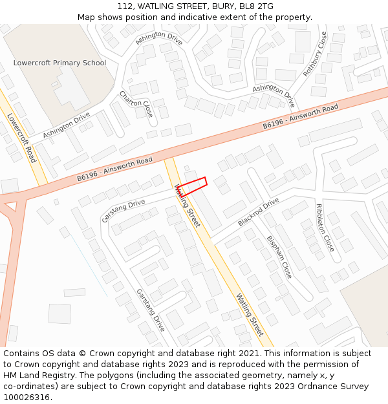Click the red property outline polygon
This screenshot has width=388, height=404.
point(192,186)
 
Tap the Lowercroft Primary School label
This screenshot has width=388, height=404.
point(59,63)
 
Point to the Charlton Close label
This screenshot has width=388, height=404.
point(136,107)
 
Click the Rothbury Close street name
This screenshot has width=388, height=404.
point(316,55)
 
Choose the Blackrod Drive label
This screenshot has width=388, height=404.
point(258,211)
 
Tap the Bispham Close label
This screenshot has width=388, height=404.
point(279,257)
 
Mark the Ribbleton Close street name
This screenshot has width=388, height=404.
point(325,228)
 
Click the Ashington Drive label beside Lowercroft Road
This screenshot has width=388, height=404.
point(67,125)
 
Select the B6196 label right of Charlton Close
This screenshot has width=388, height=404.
point(275,123)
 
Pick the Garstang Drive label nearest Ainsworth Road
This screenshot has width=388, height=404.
point(124,211)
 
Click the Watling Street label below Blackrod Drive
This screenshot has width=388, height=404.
point(250,315)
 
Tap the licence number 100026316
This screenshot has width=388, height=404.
point(27,398)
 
